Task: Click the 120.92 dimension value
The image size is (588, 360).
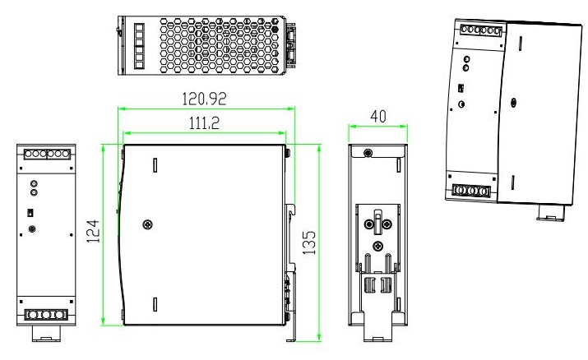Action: tap(204, 99)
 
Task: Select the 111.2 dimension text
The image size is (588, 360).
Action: tap(204, 122)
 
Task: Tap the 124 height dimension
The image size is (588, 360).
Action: tap(94, 231)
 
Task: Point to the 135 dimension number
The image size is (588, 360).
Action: tap(309, 242)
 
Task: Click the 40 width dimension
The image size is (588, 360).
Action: tap(378, 117)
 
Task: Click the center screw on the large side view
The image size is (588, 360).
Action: tap(148, 224)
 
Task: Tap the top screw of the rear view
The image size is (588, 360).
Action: tap(368, 153)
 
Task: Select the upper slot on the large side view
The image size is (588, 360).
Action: tap(155, 165)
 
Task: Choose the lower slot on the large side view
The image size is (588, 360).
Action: tap(155, 304)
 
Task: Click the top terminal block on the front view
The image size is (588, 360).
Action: tap(47, 154)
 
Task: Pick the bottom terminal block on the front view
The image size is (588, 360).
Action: tap(46, 315)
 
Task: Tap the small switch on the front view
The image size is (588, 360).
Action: tap(30, 213)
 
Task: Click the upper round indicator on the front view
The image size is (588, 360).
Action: tap(34, 183)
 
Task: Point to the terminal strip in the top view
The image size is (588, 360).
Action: tap(139, 46)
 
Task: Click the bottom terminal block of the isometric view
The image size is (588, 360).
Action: tap(471, 191)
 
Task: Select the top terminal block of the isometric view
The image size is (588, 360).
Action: tap(481, 30)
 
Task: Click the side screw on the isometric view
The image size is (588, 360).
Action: tap(514, 103)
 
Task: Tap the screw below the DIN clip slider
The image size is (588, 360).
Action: tap(378, 246)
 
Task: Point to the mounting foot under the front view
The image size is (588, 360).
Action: tap(47, 334)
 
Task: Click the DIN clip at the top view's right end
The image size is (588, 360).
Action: tap(291, 45)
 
